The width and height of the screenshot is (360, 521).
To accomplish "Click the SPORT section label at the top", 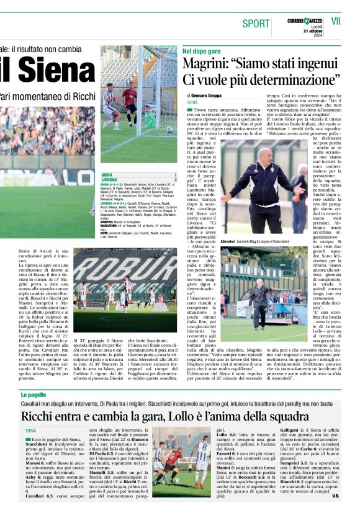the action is point(256,24).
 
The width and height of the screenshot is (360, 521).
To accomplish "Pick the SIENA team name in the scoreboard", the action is point(107,175).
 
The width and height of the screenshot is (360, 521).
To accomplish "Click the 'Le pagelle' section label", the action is point(34,394).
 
